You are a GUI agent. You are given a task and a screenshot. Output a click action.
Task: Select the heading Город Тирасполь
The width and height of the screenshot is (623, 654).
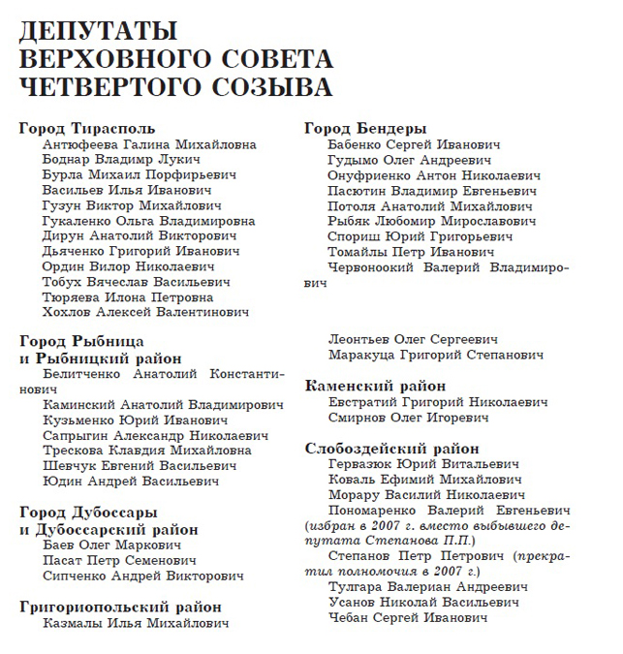click(x=87, y=128)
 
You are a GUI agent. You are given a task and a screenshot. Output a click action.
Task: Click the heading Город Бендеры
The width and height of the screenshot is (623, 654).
click(x=366, y=128)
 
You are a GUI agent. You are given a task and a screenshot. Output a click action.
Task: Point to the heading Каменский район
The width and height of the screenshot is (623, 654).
click(x=375, y=385)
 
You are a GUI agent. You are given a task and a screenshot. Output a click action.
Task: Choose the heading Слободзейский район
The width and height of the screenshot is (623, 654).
click(x=391, y=448)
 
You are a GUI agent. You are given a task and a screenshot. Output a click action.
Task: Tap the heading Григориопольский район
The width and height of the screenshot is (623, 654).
click(x=120, y=607)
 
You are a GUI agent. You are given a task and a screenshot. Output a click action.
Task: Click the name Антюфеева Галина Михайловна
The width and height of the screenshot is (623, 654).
click(x=149, y=144)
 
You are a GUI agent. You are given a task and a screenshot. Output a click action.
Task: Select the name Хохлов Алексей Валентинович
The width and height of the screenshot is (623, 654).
click(x=145, y=312)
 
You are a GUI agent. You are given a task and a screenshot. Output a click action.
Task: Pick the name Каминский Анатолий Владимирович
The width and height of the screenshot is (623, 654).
click(x=162, y=405)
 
